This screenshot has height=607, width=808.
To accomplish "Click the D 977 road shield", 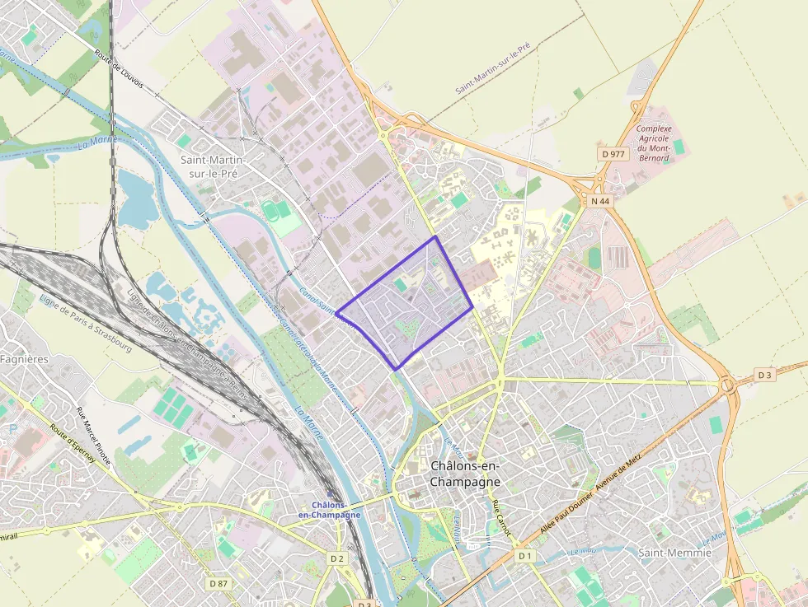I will (613, 154).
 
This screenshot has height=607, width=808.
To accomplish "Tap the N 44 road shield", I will (599, 201).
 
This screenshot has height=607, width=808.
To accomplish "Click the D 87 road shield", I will (218, 583).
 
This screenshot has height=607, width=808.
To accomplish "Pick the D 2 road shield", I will (336, 558).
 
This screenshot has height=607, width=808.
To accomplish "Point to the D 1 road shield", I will (524, 556).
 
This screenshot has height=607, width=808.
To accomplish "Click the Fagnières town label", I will (24, 359).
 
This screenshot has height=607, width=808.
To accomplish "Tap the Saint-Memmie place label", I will (674, 553).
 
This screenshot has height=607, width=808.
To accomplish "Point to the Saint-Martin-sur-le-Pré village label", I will (213, 166).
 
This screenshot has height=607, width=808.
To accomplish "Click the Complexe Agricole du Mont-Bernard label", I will (654, 143).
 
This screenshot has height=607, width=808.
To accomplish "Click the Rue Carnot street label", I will (501, 518).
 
